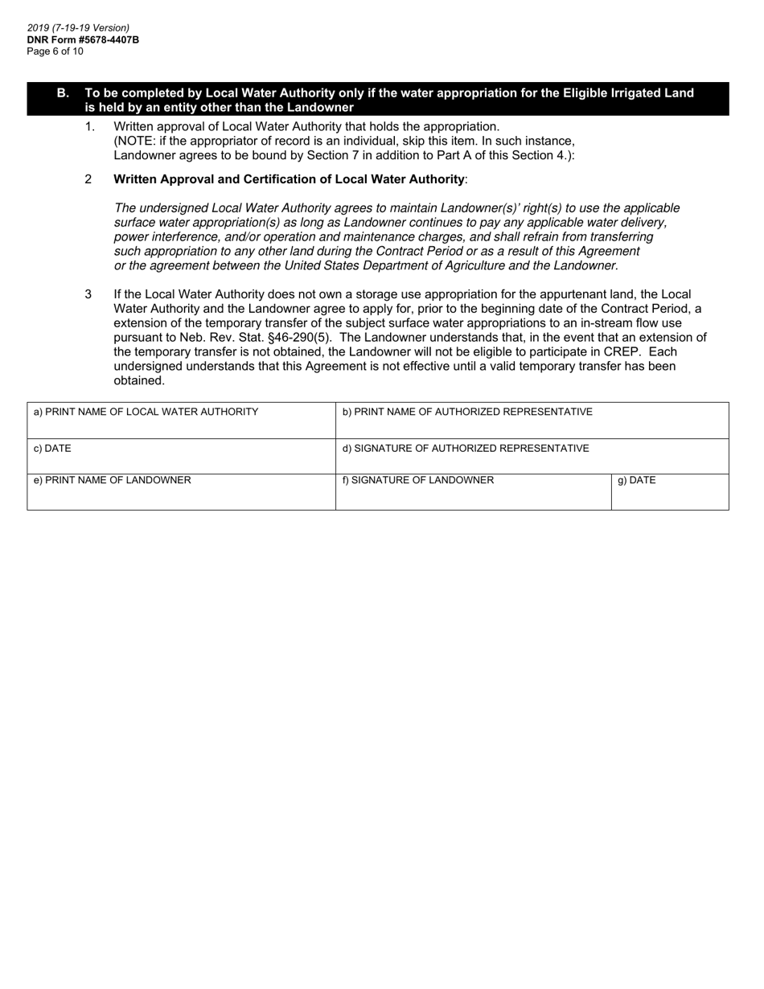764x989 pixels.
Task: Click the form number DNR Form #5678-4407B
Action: tap(83, 39)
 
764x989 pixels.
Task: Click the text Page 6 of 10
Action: tap(55, 51)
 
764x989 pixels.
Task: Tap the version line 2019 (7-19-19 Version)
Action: tap(78, 27)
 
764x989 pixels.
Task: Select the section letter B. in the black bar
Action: tap(63, 93)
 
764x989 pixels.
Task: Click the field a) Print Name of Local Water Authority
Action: tap(181, 422)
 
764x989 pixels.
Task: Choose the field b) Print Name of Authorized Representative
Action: tap(532, 422)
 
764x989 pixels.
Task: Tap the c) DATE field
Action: tap(181, 458)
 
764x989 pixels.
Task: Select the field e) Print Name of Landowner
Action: tap(181, 493)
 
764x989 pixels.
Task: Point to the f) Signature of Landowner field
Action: tap(473, 493)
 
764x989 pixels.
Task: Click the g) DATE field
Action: tap(669, 493)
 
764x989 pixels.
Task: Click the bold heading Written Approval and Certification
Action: tap(289, 179)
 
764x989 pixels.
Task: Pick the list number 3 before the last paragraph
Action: tap(88, 294)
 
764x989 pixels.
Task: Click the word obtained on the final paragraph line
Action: tap(139, 380)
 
